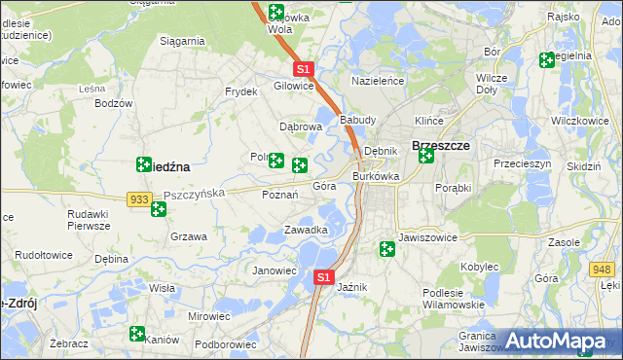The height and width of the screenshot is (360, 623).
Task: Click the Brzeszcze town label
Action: point(442,145)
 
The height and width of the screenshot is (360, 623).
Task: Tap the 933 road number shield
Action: point(138,198)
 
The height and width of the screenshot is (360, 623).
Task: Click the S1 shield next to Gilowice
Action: point(303,69)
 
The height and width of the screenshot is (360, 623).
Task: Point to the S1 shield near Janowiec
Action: point(324,277)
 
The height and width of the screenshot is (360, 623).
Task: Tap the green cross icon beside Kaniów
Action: point(137,334)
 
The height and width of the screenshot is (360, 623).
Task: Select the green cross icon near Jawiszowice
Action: point(387,250)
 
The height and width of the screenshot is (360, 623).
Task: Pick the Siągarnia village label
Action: point(182,41)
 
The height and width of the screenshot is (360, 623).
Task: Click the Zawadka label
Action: point(305,230)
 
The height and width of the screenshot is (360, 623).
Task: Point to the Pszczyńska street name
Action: point(195,194)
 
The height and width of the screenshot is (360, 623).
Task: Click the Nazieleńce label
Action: point(378,81)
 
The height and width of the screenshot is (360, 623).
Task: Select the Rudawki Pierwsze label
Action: point(89,220)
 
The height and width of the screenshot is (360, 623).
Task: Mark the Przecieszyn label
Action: point(522,164)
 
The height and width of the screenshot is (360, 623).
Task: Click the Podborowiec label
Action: point(225,343)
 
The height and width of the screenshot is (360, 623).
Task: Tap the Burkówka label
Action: point(376,176)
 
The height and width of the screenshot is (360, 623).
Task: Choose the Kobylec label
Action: point(479,266)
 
